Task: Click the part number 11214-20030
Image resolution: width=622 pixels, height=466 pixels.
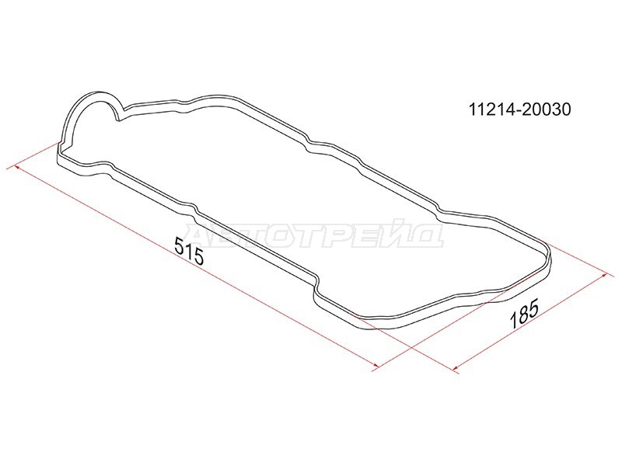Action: (x=519, y=110)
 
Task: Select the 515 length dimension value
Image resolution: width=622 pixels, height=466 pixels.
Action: (x=189, y=251)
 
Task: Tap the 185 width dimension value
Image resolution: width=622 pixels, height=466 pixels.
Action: (x=524, y=314)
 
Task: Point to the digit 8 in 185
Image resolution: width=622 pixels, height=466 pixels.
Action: (x=523, y=314)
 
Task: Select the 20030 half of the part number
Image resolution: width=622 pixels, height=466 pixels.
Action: (x=546, y=110)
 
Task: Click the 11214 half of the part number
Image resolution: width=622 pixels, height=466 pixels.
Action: (x=492, y=110)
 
